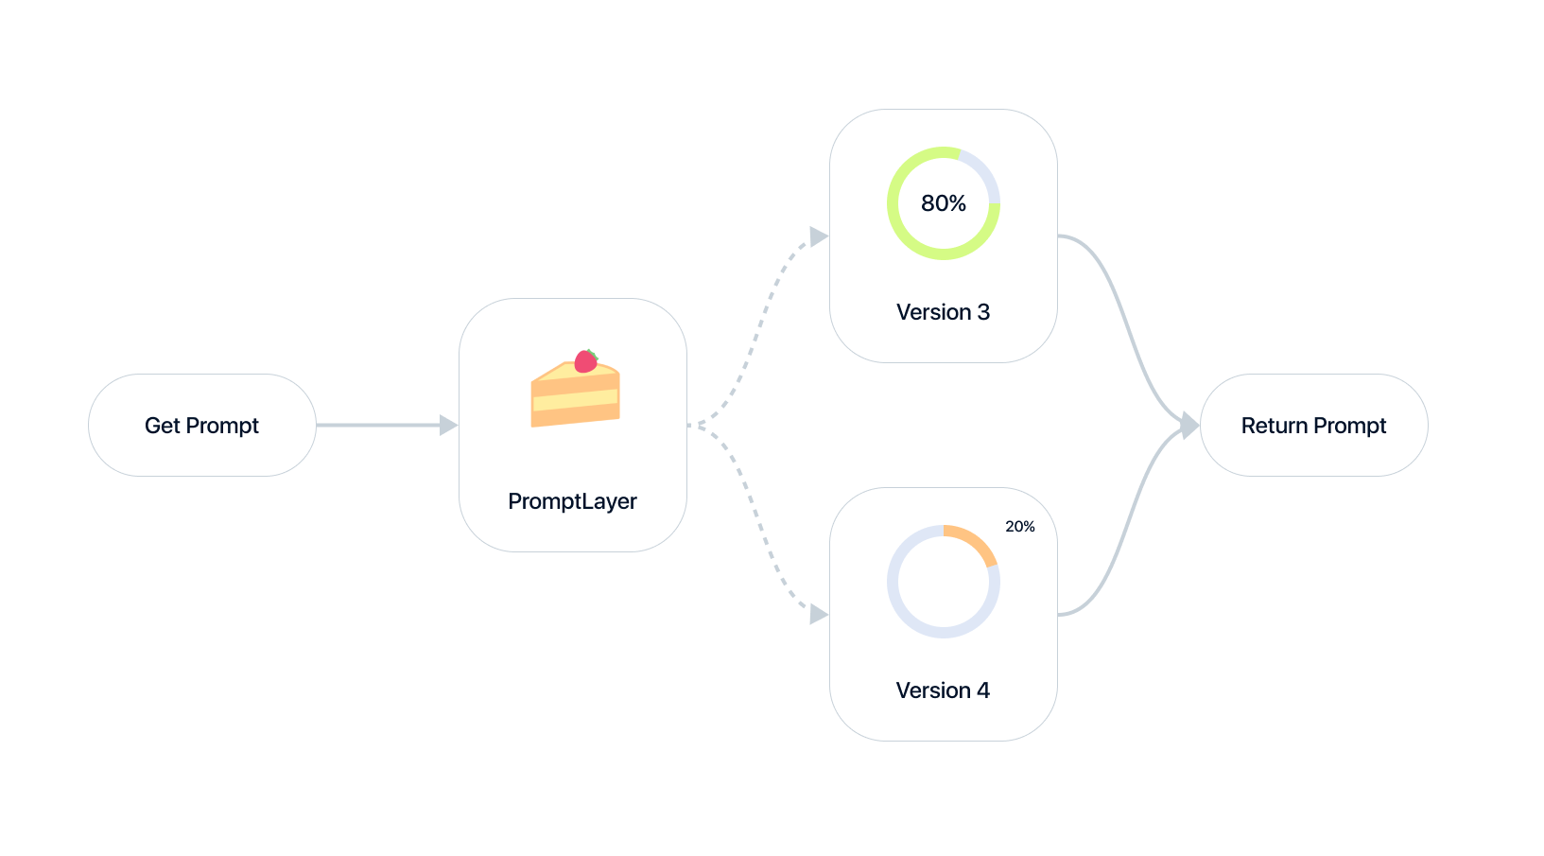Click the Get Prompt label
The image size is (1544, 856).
tap(201, 426)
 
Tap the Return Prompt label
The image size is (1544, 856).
tap(1313, 426)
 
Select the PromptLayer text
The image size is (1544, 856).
tap(572, 501)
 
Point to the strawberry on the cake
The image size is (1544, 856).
tap(585, 360)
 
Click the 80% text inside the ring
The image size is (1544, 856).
tap(943, 203)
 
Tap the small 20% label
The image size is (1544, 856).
tap(1019, 527)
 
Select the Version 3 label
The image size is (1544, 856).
tap(943, 312)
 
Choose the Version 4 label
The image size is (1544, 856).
tap(943, 690)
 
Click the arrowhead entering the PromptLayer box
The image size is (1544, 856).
tap(448, 426)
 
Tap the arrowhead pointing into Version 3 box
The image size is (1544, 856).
tap(818, 236)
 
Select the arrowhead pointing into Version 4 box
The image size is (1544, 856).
tap(818, 615)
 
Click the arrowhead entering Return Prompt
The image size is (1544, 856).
tap(1189, 426)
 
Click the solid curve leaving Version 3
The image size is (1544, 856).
tap(1125, 312)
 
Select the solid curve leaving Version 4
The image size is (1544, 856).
tap(1125, 539)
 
